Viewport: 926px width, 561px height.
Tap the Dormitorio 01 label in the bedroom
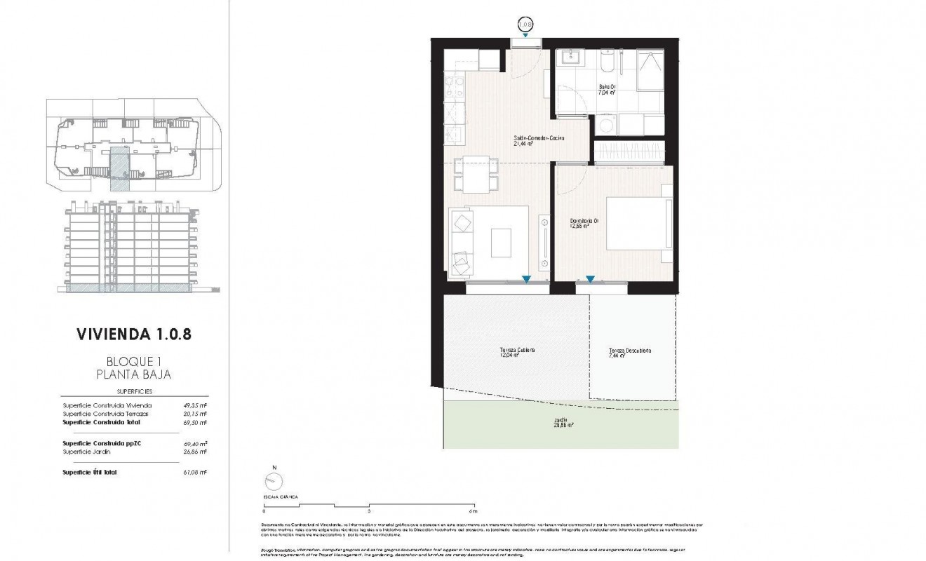pyautogui.click(x=584, y=222)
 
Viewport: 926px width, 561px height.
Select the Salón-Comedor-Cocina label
pyautogui.click(x=539, y=141)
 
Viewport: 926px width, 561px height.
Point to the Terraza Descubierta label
pyautogui.click(x=630, y=353)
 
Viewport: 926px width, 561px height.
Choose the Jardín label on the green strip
pyautogui.click(x=560, y=422)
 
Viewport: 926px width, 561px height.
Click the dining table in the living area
pyautogui.click(x=476, y=175)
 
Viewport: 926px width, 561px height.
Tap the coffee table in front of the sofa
pyautogui.click(x=501, y=243)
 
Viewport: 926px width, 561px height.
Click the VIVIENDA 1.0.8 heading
pyautogui.click(x=133, y=333)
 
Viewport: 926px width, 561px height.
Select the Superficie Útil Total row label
pyautogui.click(x=90, y=473)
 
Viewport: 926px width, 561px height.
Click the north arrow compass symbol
pyautogui.click(x=274, y=480)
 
